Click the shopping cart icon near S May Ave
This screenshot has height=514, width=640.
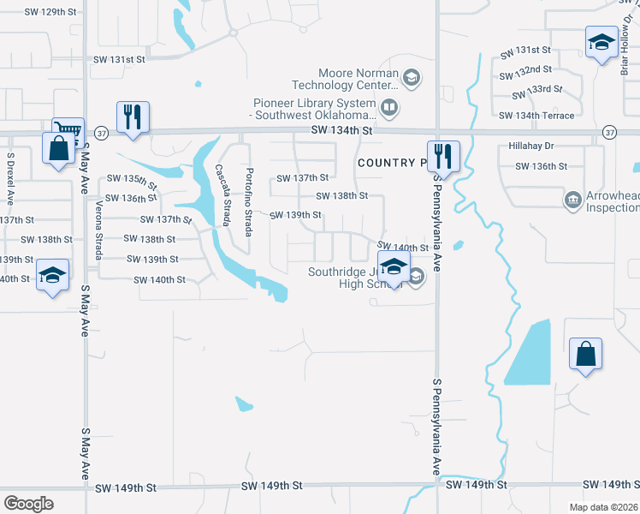[x=68, y=131]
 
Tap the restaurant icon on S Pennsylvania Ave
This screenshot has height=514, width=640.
[x=443, y=155]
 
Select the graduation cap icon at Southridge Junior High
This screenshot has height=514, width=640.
[x=394, y=267]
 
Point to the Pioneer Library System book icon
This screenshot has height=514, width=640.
[x=388, y=107]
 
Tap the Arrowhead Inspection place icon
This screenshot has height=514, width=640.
[x=572, y=200]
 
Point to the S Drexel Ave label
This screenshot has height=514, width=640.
[x=11, y=178]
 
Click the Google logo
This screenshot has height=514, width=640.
[x=28, y=503]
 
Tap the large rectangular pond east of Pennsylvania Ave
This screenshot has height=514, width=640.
[x=529, y=353]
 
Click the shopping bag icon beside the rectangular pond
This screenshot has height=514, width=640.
[x=585, y=354]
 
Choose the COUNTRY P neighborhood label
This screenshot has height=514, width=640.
[x=392, y=163]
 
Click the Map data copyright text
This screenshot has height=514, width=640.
[x=602, y=507]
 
